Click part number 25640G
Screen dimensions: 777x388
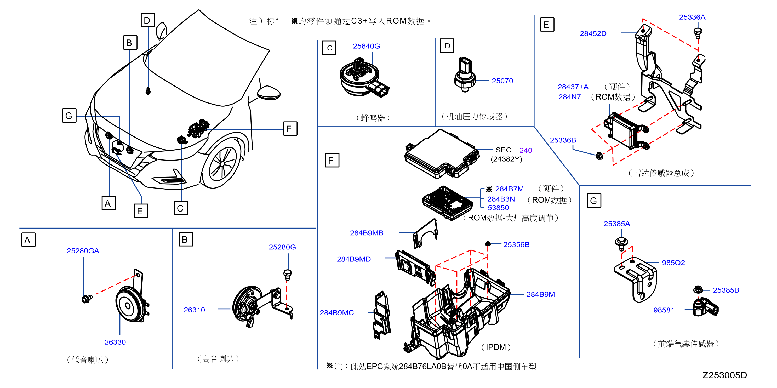point(366,46)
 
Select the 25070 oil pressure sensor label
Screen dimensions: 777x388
point(502,81)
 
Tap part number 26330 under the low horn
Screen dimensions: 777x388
point(115,342)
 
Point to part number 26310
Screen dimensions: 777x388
point(194,310)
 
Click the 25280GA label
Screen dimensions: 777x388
point(83,251)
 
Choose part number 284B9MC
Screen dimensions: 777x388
point(337,313)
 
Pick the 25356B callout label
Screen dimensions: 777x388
point(516,244)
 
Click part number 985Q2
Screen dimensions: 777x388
point(673,263)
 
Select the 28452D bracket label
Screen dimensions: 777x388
point(593,33)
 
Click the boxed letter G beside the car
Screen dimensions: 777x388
point(69,116)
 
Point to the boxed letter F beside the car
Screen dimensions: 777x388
point(290,129)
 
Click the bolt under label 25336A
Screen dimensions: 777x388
point(698,33)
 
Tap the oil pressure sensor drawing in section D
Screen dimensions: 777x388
point(465,75)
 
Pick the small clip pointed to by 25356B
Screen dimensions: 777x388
point(488,244)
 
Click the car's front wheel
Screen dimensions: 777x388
point(222,163)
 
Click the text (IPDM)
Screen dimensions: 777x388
point(496,347)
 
